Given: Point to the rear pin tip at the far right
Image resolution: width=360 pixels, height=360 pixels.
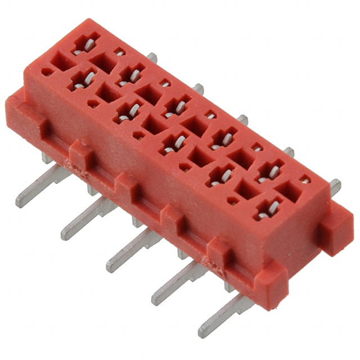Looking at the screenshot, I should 335,185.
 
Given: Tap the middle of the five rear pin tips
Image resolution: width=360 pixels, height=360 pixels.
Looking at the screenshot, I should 242,119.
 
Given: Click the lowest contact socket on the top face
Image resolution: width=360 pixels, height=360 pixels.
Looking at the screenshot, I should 269,209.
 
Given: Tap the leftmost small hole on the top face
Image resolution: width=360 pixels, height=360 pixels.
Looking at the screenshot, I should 48,72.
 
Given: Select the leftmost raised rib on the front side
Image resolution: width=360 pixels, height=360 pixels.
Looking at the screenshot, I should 79,155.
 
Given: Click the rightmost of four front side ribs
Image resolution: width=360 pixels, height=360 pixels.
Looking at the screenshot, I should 220,251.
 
